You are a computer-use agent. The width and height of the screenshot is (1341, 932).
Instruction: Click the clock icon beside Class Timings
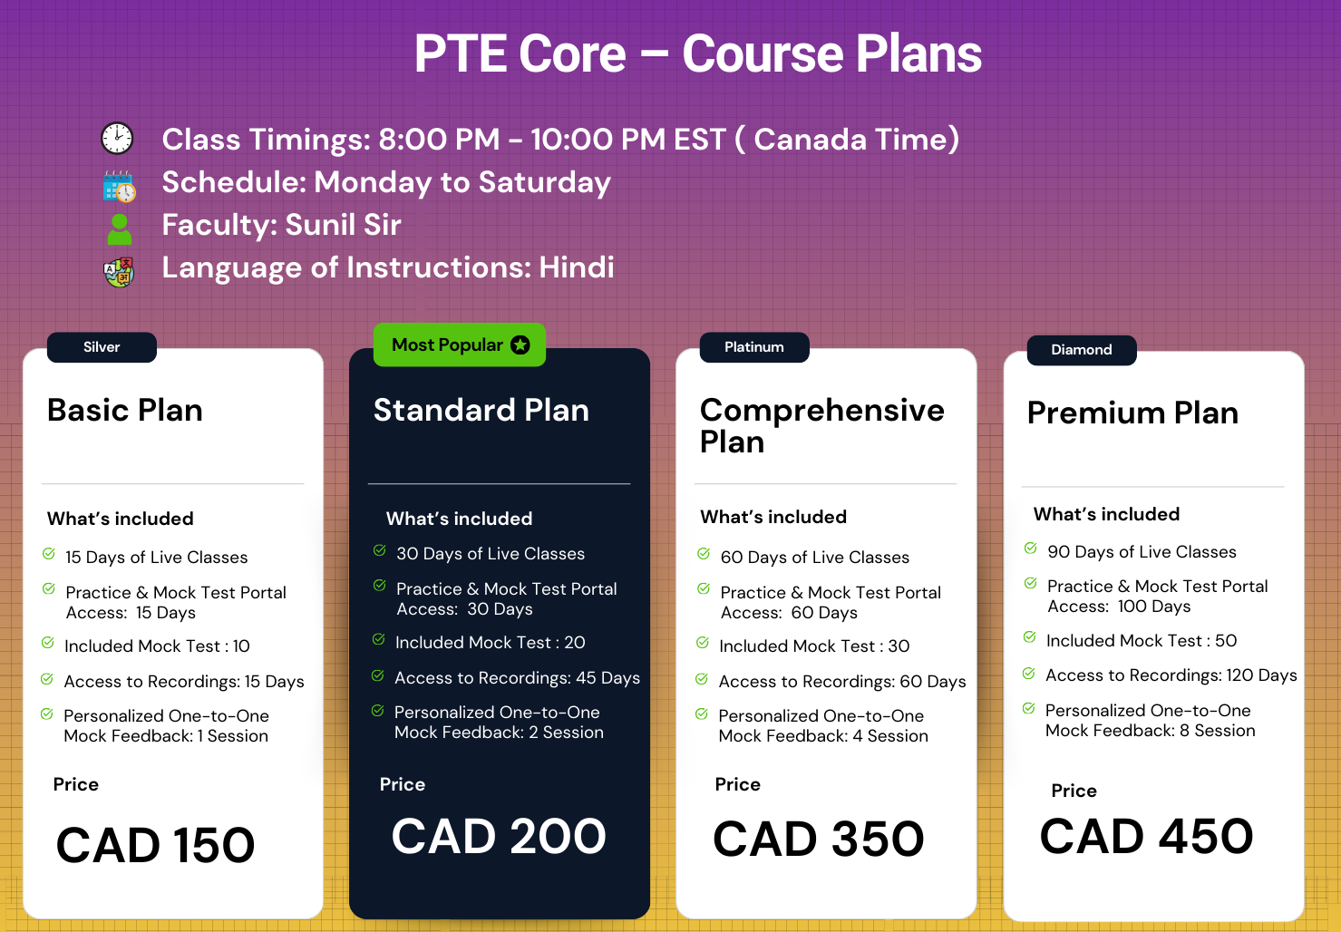point(117,139)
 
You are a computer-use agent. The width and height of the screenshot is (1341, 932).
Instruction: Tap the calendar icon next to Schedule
point(119,186)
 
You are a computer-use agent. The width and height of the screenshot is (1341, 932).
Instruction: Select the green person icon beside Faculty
point(119,229)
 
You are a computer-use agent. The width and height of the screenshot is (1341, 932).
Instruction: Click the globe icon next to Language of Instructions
point(119,272)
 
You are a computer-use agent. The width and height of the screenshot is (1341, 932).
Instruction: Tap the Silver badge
point(102,347)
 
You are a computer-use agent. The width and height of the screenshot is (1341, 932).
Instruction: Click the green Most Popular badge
point(459,345)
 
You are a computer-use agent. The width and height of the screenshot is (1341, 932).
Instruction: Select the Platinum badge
point(754,347)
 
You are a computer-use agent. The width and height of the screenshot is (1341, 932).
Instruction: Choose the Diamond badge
point(1081,350)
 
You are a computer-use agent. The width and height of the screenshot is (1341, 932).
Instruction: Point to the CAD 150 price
point(156,845)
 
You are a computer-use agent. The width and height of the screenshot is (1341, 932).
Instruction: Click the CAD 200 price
point(499,836)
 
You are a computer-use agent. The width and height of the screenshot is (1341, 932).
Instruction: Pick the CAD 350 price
point(819,839)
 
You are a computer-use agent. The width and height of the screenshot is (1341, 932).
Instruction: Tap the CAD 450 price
point(1146,836)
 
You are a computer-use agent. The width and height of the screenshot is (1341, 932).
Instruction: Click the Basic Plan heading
point(125,411)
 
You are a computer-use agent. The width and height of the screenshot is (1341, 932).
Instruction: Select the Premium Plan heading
point(1132,413)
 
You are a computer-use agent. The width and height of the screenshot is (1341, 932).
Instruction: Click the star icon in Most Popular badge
point(520,345)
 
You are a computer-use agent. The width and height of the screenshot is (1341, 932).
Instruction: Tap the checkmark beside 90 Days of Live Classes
point(1030,549)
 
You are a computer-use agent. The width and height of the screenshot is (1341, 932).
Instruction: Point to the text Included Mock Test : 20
point(491,642)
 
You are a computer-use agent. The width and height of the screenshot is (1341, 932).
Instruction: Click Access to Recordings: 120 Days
point(1171,675)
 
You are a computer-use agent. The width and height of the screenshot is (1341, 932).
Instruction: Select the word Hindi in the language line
point(577,267)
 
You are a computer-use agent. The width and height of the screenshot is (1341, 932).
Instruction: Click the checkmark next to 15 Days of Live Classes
point(48,554)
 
